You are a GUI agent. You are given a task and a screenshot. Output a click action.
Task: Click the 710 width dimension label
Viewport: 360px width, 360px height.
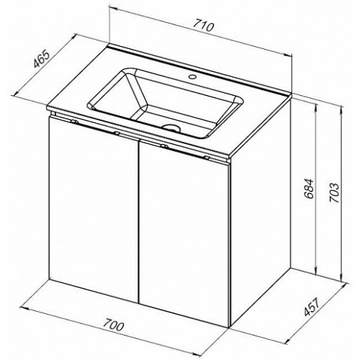click(x=203, y=26)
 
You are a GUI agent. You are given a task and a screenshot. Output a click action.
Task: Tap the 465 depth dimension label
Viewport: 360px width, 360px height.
click(x=42, y=59)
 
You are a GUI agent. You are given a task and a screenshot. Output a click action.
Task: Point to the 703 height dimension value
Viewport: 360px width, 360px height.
click(x=334, y=193)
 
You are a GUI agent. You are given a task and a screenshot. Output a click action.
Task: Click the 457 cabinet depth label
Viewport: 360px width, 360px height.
click(x=312, y=307)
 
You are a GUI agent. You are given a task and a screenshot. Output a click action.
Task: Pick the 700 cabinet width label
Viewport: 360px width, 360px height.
click(x=114, y=325)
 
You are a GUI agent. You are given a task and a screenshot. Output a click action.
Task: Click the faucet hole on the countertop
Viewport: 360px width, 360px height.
click(x=192, y=77)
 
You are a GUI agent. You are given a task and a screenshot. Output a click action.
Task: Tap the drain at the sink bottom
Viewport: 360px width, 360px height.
click(x=171, y=127)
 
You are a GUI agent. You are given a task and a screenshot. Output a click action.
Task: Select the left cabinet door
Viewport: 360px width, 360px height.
click(x=93, y=209)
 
